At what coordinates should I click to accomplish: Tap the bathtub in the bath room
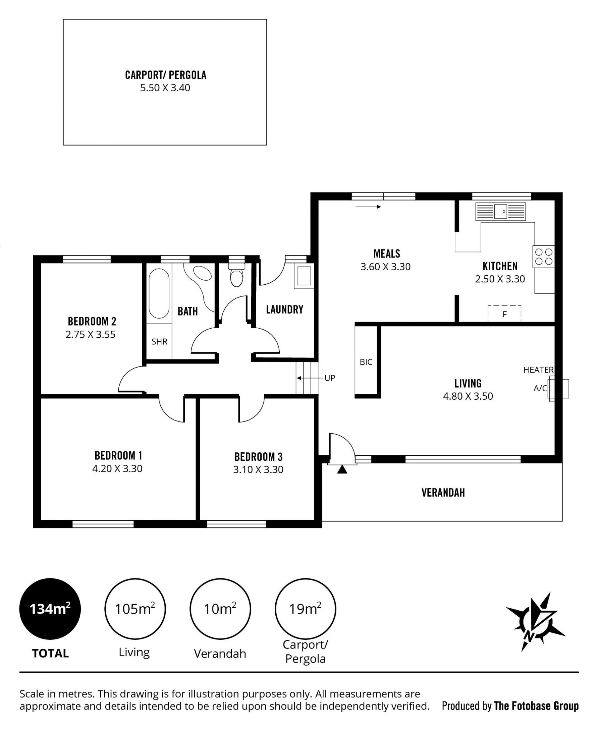(x=159, y=293)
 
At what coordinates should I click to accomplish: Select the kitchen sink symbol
(x=501, y=211)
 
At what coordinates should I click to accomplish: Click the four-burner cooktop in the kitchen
(x=543, y=257)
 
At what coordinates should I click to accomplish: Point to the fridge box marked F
(x=504, y=314)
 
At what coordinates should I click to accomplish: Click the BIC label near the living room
(x=366, y=362)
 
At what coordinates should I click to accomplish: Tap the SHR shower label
(x=159, y=342)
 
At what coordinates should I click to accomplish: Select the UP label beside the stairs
(x=330, y=378)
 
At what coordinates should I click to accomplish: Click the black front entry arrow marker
(x=342, y=470)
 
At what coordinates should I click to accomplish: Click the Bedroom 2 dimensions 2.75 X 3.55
(x=91, y=335)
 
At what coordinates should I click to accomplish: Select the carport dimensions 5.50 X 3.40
(x=165, y=88)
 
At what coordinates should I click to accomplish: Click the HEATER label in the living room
(x=539, y=370)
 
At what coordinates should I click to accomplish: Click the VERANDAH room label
(x=443, y=493)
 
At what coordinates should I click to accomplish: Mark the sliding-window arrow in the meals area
(x=368, y=207)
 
